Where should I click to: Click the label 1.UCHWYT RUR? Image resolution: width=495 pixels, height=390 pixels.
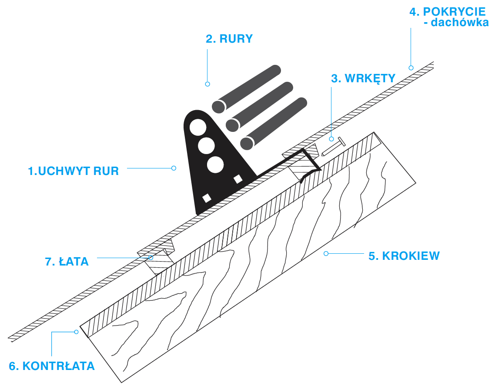73,171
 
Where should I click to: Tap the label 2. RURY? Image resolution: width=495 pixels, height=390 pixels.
229,39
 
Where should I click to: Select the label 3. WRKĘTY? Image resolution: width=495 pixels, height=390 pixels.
363,78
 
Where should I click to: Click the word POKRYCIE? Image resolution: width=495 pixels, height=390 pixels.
448,11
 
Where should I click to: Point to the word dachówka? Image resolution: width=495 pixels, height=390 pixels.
460,23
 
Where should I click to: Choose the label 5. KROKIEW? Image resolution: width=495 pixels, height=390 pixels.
404,256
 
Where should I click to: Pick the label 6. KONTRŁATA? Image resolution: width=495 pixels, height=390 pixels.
52,366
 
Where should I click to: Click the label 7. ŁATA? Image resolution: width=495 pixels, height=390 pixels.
67,262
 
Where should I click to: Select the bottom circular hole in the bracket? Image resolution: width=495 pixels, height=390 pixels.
215,165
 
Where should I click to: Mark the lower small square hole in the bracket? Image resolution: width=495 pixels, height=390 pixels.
207,198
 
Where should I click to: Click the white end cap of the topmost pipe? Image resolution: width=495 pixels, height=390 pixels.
218,106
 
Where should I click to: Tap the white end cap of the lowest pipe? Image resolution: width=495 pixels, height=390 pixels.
247,143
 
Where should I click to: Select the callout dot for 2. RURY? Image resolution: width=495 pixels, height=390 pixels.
207,84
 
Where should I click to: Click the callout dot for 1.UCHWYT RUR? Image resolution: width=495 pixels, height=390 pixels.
174,168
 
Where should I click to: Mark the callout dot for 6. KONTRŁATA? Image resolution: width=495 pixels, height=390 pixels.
76,332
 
